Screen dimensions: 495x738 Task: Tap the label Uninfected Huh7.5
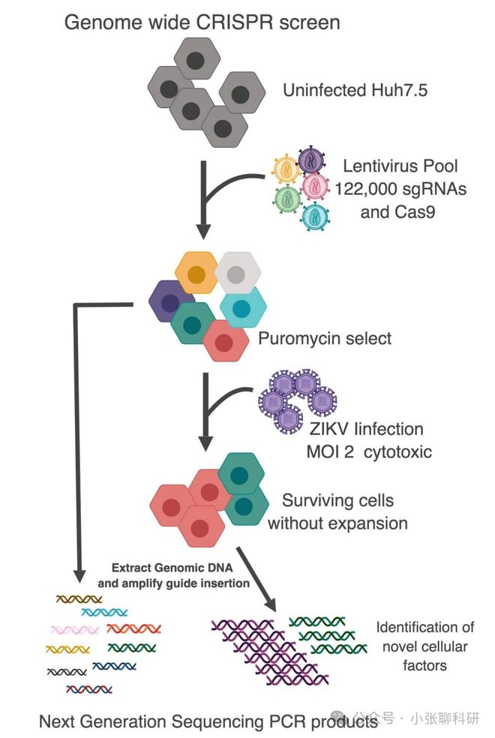pos(355,90)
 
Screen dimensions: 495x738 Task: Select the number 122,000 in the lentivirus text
pos(364,189)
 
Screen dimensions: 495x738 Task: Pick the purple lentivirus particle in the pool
pos(311,160)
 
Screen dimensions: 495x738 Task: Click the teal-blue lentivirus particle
pos(315,217)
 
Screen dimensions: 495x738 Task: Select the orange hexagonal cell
pos(196,274)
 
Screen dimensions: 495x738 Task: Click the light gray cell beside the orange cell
pos(238,273)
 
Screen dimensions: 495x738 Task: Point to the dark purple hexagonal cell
pos(169,301)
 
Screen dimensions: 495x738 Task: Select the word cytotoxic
pos(397,451)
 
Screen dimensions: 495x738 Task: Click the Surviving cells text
pos(337,500)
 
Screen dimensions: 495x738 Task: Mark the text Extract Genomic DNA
pos(172,568)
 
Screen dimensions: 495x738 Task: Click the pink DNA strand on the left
pos(75,629)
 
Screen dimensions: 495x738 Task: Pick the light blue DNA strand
pos(104,612)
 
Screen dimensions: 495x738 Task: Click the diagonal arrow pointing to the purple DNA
pos(256,580)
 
